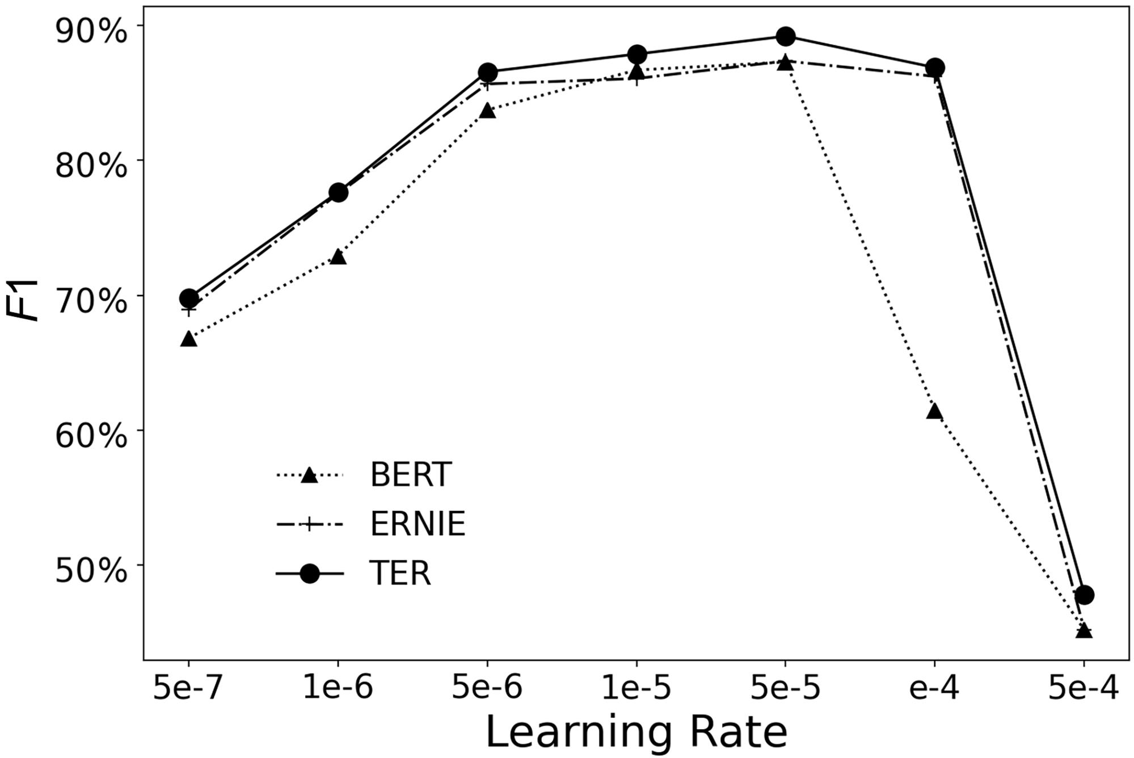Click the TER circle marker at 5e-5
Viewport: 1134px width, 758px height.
point(785,37)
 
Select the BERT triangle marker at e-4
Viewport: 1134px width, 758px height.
point(934,411)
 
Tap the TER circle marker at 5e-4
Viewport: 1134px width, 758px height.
point(1084,595)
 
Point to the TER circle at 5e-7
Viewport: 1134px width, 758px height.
point(189,298)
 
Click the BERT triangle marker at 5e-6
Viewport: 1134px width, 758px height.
point(487,111)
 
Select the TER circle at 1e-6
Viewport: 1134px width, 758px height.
point(338,193)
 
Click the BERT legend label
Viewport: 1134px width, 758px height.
point(411,474)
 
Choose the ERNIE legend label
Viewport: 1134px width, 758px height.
point(418,524)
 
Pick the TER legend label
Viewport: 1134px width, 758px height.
point(400,574)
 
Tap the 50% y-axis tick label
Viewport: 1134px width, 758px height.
point(91,571)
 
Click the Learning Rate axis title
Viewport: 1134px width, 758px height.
point(636,732)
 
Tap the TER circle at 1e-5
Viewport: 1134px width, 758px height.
point(636,54)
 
